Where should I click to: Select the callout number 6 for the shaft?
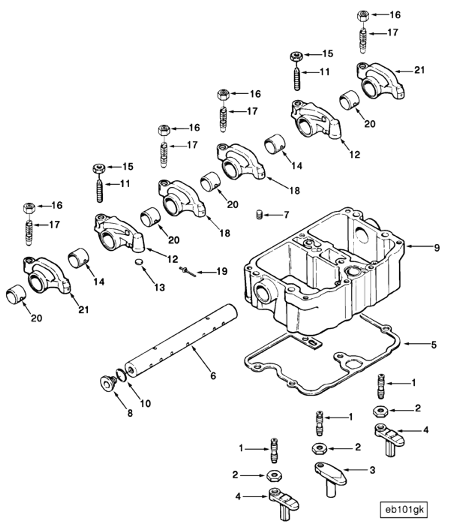(213, 376)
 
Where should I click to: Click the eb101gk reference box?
(404, 509)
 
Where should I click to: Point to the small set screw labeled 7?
(259, 215)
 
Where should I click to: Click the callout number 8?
(130, 413)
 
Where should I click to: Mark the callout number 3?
(372, 470)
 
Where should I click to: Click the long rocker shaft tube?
(182, 340)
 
